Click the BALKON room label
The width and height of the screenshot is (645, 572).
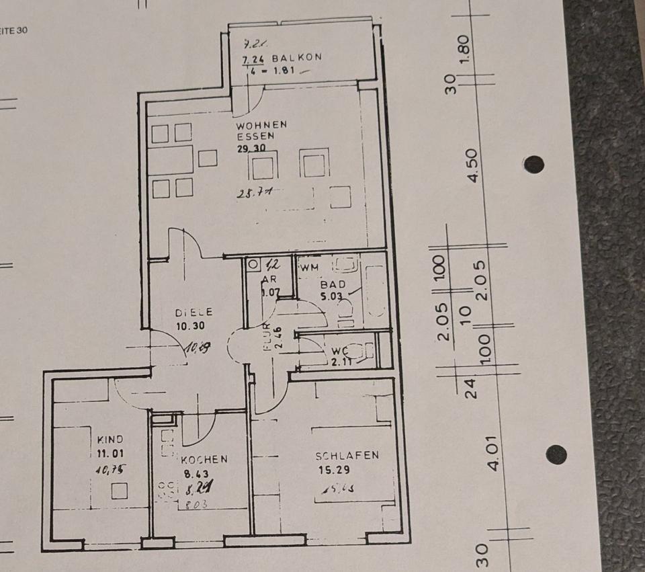click(x=296, y=58)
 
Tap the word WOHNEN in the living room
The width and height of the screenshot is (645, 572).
click(x=261, y=125)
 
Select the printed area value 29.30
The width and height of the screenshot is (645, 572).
click(x=252, y=149)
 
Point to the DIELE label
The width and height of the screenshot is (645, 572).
click(x=194, y=313)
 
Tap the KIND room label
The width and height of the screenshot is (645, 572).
click(x=110, y=440)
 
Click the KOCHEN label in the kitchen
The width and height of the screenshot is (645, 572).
click(x=204, y=460)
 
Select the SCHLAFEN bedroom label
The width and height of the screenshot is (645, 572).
click(x=347, y=456)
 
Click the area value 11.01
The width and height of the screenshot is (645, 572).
click(x=110, y=454)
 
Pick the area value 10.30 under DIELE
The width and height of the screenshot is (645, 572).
click(x=191, y=326)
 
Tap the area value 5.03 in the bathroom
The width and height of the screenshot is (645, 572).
click(x=332, y=295)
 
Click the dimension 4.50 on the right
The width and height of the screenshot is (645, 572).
click(x=474, y=165)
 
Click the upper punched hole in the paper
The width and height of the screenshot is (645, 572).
click(x=533, y=164)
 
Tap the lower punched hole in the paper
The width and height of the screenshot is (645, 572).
click(x=556, y=454)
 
